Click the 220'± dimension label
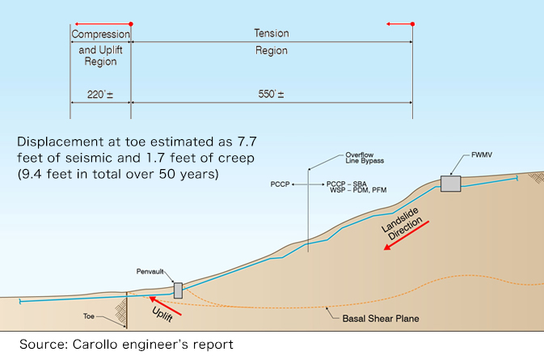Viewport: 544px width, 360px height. click(100, 95)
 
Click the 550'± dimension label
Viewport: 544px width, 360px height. click(271, 94)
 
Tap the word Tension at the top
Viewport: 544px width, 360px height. click(272, 33)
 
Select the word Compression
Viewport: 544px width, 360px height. click(100, 34)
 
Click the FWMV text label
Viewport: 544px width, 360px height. click(482, 155)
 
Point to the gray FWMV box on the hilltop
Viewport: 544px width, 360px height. click(451, 184)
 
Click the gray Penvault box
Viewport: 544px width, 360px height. click(178, 290)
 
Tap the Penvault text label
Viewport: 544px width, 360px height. click(150, 272)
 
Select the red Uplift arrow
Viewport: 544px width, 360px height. click(165, 306)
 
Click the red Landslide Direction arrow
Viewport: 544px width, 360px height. click(407, 235)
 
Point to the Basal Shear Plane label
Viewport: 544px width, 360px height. click(381, 319)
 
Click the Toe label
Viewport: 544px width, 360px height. click(89, 316)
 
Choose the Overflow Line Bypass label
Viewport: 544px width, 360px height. click(365, 158)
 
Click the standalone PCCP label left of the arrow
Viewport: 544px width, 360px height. click(280, 184)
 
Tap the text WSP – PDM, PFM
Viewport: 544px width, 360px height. click(358, 190)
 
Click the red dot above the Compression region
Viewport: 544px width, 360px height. click(131, 24)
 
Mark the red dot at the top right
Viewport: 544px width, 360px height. click(412, 24)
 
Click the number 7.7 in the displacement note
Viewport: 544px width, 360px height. click(247, 142)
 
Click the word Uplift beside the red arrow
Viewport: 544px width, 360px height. click(162, 315)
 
